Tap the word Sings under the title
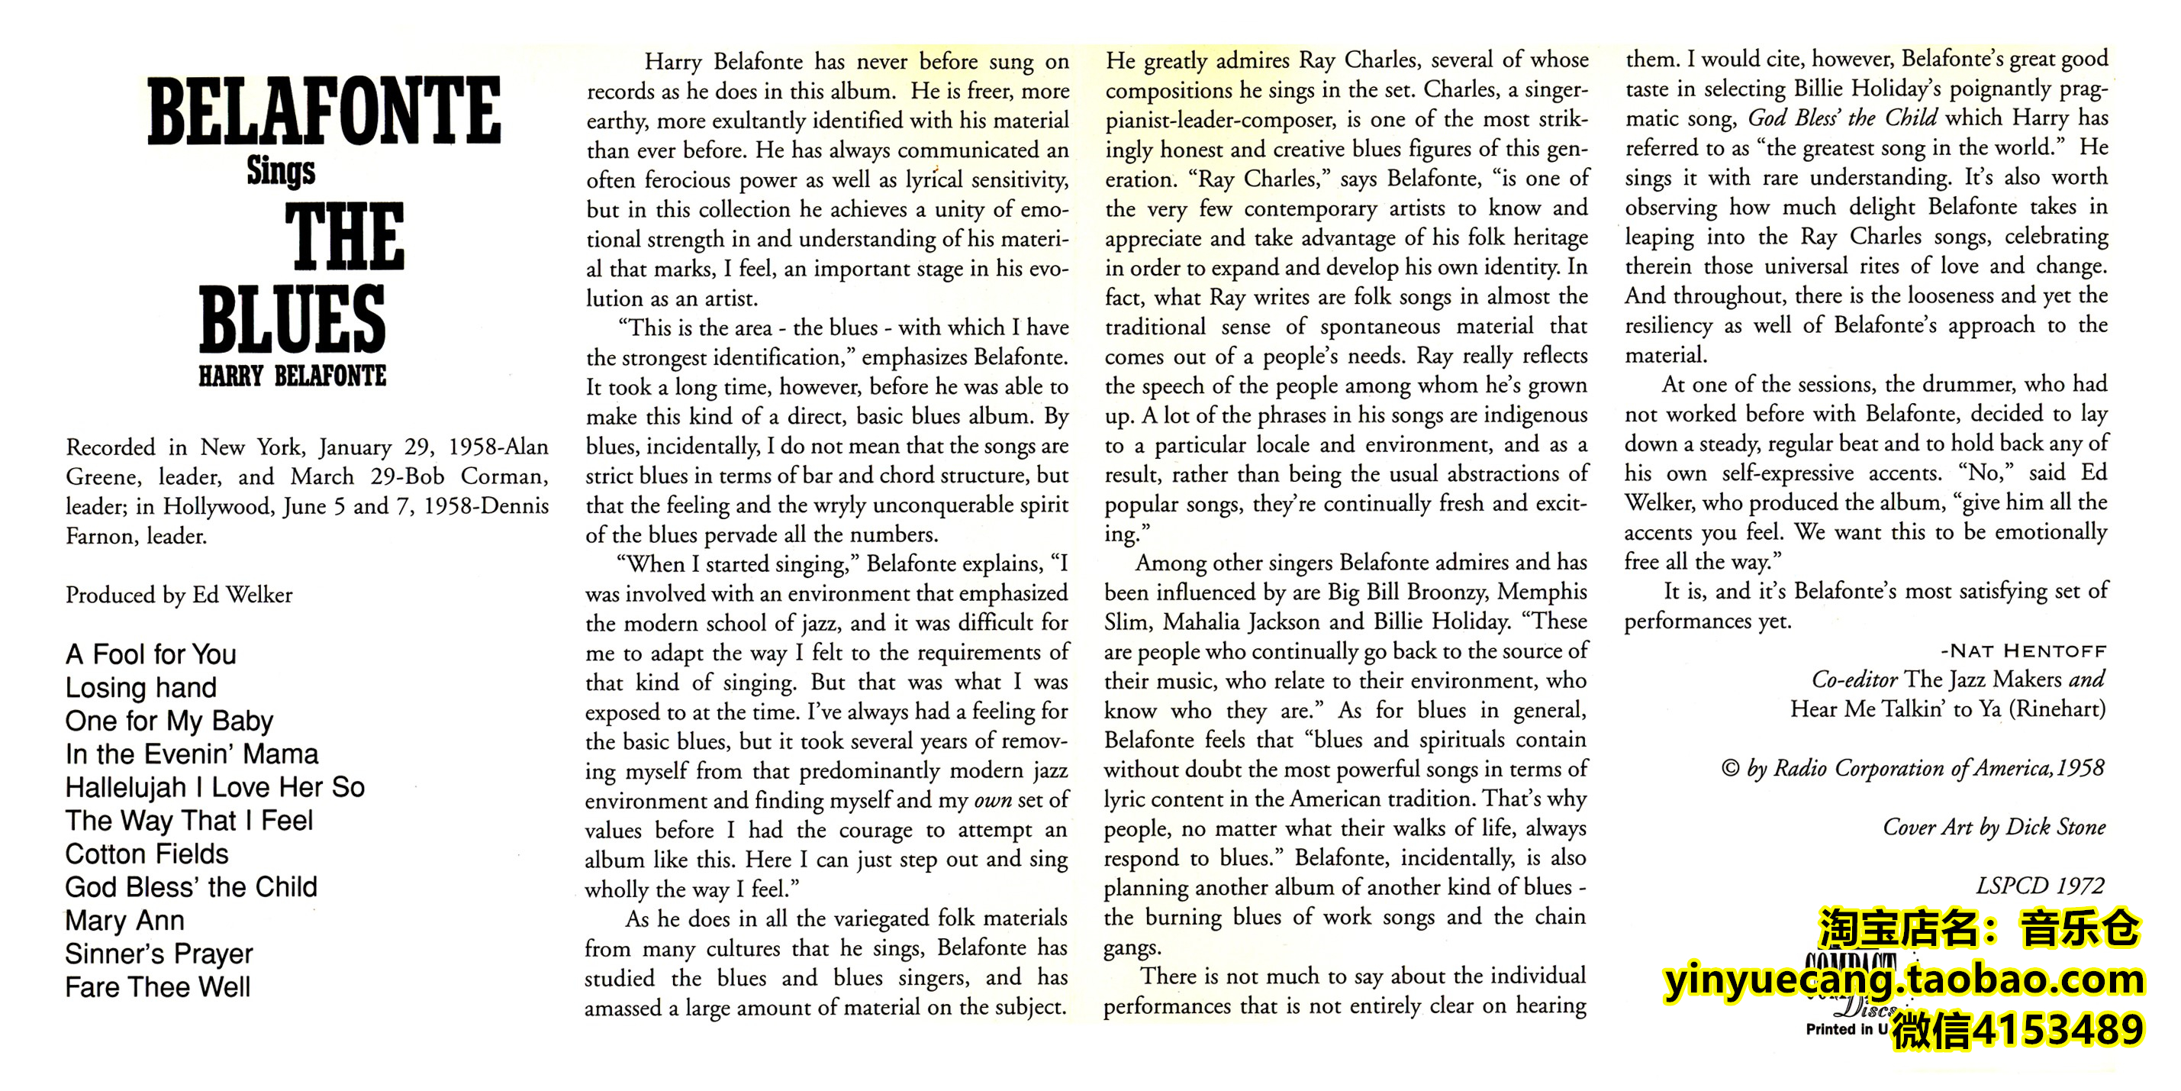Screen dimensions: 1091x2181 coord(281,172)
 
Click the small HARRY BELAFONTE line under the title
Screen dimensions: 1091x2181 coord(292,376)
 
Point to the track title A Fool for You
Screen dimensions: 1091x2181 coord(150,655)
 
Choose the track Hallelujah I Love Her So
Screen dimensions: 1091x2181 coord(215,788)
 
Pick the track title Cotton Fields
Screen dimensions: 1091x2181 coord(147,854)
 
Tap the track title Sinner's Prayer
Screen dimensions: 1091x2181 coord(159,954)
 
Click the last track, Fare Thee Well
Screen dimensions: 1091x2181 coord(157,988)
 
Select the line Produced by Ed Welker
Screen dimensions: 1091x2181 coord(179,596)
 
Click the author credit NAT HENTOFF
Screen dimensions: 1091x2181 coord(2023,651)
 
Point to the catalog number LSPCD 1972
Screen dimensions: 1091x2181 coord(2040,886)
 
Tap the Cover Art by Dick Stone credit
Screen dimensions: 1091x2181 coord(1994,828)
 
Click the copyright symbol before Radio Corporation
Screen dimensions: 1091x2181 coord(1731,769)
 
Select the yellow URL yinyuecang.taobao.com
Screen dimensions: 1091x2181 coord(1904,980)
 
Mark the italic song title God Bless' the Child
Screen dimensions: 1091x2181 coord(1842,118)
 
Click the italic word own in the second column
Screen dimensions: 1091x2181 coord(992,800)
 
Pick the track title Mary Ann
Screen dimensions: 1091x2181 coord(124,921)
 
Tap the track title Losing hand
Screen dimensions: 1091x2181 coord(140,688)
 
